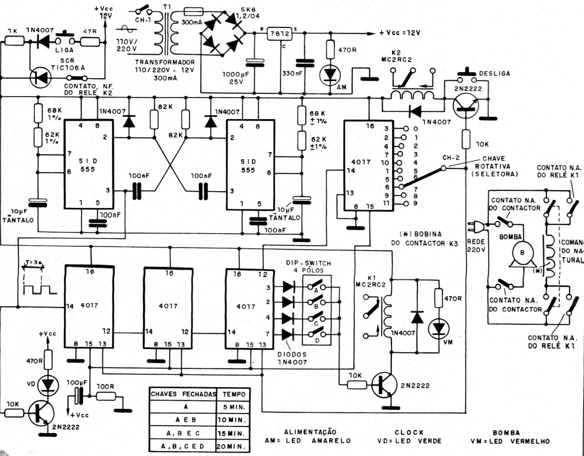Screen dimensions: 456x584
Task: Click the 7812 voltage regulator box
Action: (x=279, y=34)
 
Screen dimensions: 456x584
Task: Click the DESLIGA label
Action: (x=495, y=73)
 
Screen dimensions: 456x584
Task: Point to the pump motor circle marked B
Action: (x=522, y=252)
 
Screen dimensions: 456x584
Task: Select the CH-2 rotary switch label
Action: (x=450, y=158)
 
